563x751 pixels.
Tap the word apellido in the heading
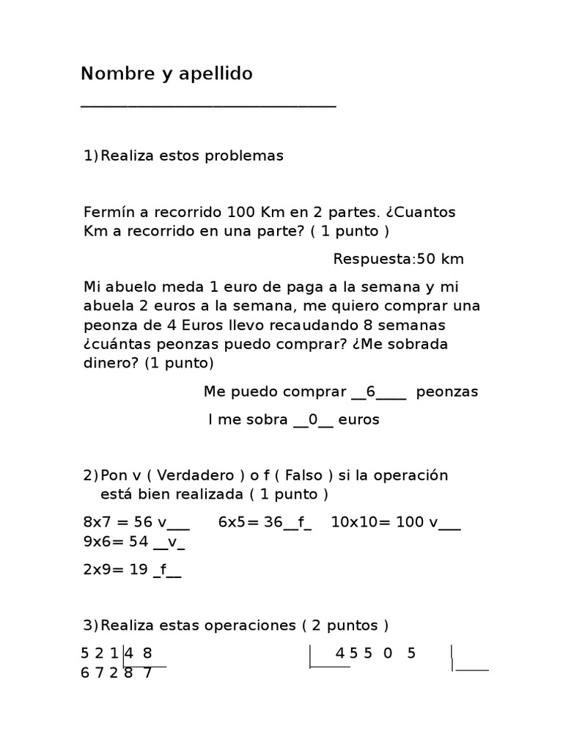[216, 74]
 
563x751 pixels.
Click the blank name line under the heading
[208, 106]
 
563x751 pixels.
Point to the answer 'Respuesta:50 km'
[398, 259]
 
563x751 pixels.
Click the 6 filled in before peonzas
[370, 392]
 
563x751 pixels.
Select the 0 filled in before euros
[312, 420]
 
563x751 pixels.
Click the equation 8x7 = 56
[117, 522]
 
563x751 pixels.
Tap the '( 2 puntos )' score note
[345, 626]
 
